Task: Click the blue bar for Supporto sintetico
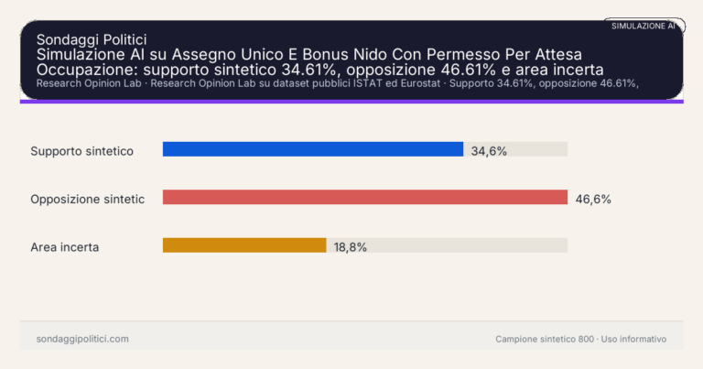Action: pos(312,149)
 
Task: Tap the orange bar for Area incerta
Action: pos(244,245)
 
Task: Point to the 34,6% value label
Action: pos(489,150)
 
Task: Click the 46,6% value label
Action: pos(593,199)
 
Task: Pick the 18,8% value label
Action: pos(351,246)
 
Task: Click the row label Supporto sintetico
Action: pos(82,150)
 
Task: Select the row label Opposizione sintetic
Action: pos(87,199)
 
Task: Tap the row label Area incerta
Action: pos(64,246)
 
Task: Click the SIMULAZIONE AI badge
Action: pos(644,26)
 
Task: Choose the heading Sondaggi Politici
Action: pos(92,39)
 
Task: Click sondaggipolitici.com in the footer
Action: pos(82,339)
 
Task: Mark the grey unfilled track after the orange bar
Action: pos(447,245)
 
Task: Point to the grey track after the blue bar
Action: pos(515,149)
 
